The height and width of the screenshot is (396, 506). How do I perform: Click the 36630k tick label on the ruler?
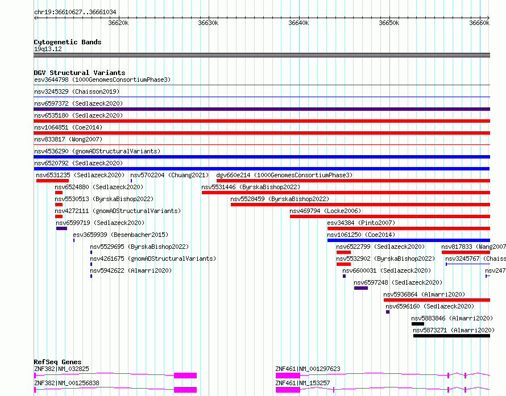tap(208, 23)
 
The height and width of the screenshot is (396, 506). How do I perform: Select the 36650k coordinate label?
tap(389, 23)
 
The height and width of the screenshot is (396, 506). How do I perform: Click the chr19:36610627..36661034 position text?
tap(75, 12)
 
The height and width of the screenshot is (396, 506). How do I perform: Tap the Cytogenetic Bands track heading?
tap(68, 42)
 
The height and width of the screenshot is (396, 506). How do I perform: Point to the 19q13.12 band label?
tap(48, 49)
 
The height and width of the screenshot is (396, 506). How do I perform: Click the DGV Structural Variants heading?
tap(80, 73)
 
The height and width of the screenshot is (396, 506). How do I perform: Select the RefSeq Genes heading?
tap(57, 362)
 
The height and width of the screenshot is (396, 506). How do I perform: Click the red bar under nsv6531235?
tap(53, 181)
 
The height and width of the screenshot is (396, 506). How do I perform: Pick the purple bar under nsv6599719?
tap(61, 228)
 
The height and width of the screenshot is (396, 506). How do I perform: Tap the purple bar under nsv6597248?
tap(361, 288)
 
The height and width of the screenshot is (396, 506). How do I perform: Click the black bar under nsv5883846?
tap(417, 324)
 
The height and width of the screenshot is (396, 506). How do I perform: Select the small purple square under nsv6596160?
tap(388, 312)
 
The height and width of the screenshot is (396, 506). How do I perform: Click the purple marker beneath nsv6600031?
tap(344, 276)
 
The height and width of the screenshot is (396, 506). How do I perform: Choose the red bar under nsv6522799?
tap(343, 252)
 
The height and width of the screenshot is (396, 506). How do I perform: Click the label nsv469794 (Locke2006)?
tap(325, 211)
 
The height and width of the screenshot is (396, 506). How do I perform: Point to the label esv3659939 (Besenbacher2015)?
tap(121, 235)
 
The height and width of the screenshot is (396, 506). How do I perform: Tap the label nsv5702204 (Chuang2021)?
tap(170, 175)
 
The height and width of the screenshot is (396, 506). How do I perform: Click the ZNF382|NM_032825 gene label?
tap(61, 369)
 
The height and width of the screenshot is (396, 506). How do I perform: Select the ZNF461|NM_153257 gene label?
tap(302, 383)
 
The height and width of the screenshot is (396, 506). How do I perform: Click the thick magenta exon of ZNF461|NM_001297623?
tap(288, 376)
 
